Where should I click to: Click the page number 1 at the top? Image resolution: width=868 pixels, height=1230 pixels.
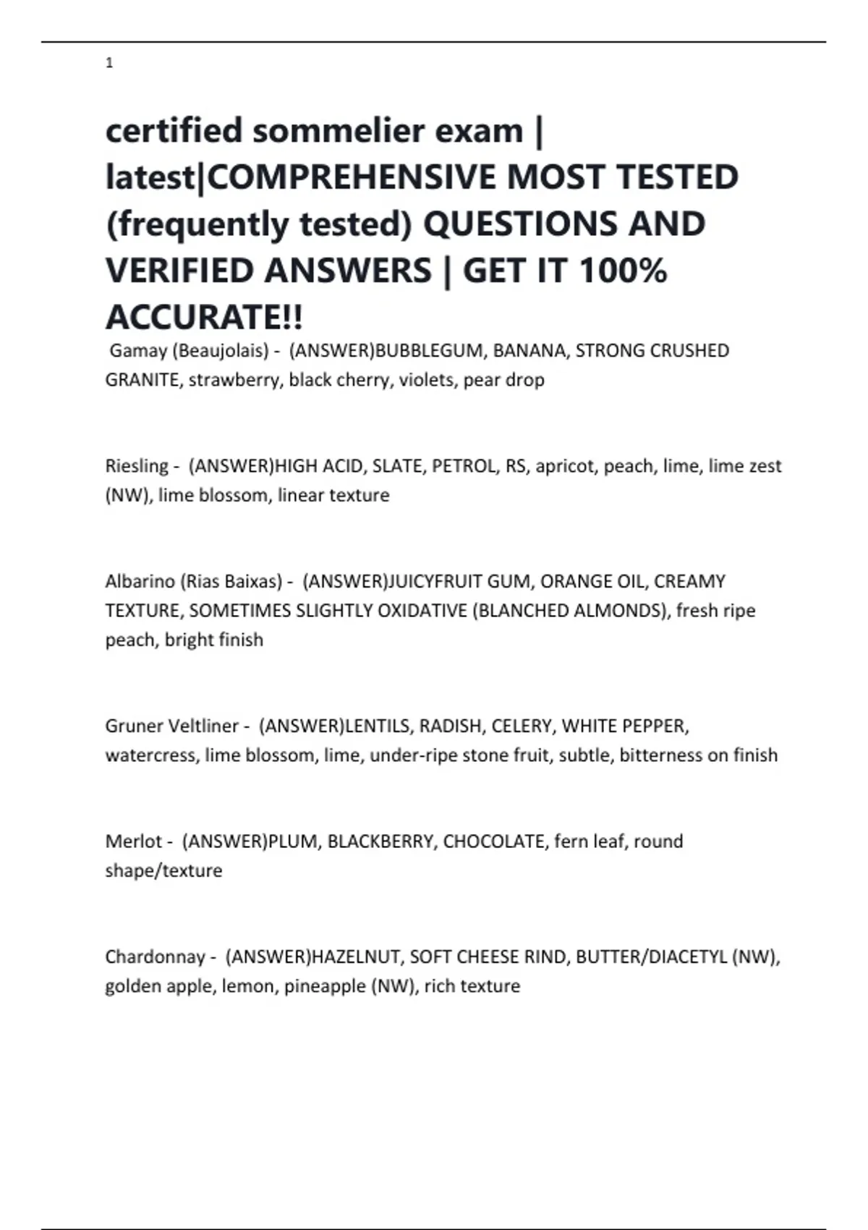(109, 63)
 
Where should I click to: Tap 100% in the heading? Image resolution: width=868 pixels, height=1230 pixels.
(623, 271)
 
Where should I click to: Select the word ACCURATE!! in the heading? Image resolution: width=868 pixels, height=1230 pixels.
(204, 317)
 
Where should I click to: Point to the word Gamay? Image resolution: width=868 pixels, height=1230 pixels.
(138, 351)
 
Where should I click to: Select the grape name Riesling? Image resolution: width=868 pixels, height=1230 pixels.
(137, 466)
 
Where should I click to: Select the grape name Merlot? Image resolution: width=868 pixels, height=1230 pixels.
(134, 841)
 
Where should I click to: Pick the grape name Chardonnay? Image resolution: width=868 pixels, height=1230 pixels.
(155, 957)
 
